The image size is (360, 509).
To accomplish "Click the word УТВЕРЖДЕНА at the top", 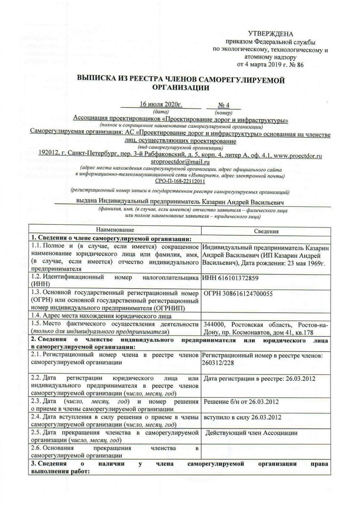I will (270, 34).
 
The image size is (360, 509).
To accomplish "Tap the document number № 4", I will (223, 105).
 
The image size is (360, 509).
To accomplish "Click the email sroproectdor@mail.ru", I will (180, 162).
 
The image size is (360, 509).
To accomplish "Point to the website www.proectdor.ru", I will (298, 156).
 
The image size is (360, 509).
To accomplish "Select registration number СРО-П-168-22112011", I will (180, 181).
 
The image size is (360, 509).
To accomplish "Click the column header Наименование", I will (115, 230).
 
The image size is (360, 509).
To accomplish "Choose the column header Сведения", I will (266, 231).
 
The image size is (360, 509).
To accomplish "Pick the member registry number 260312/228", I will (218, 363).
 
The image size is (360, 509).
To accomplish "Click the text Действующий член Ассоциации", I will (251, 433).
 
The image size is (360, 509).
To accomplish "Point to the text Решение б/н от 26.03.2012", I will (241, 402).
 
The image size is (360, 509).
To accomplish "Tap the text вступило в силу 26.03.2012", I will (242, 417).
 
